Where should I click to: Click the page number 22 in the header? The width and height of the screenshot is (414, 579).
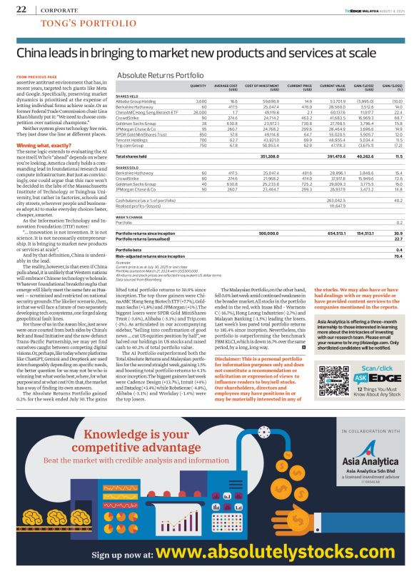pyautogui.click(x=21, y=9)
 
